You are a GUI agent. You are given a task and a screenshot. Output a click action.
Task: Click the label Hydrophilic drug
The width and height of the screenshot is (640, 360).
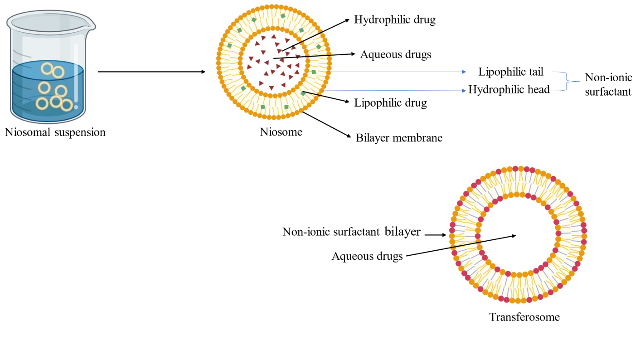(x=394, y=20)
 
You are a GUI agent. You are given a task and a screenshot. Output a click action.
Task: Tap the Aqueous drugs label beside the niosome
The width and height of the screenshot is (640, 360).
(x=395, y=55)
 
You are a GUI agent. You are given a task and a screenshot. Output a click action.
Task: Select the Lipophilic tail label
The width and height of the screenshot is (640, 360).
(x=510, y=72)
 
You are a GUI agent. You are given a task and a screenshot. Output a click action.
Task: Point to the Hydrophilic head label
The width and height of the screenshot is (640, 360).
(x=509, y=90)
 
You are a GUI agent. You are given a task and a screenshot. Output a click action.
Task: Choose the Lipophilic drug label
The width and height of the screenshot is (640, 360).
(x=390, y=103)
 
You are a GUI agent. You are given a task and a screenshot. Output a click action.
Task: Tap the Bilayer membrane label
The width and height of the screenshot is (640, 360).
(x=398, y=137)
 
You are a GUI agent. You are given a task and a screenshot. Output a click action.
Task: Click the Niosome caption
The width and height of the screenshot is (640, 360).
(x=281, y=132)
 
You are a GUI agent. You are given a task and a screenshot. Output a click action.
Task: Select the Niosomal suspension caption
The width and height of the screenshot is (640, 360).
(x=55, y=132)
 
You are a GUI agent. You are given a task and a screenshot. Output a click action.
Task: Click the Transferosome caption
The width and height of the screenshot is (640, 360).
(x=524, y=317)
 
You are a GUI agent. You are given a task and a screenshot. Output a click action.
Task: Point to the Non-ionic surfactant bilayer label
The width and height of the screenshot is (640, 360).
(x=351, y=232)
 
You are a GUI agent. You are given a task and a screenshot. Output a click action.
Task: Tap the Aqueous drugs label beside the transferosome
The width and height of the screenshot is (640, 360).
(x=367, y=256)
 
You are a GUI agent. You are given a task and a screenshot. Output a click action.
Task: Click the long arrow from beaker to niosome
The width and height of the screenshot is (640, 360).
(x=152, y=72)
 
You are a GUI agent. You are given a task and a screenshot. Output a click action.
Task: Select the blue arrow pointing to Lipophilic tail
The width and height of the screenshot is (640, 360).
(x=394, y=72)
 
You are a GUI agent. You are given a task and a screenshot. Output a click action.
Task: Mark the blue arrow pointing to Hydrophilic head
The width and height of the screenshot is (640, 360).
(x=394, y=90)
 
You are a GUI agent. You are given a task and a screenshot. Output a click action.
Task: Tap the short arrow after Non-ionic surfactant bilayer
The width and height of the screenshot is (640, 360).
(x=436, y=235)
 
